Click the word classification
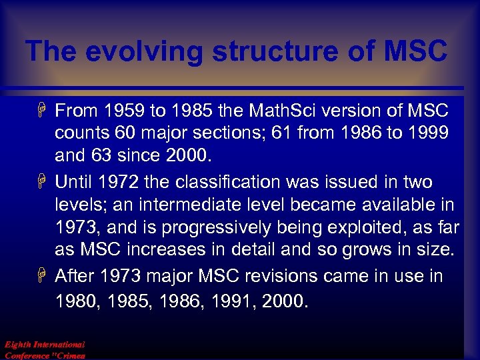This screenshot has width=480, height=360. [223, 182]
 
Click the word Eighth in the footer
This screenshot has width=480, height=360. [19, 345]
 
